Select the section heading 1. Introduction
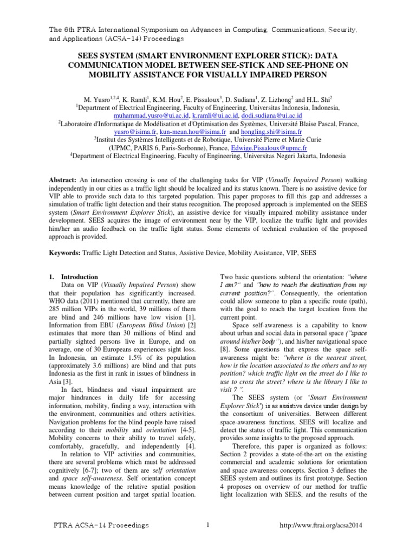73,276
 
